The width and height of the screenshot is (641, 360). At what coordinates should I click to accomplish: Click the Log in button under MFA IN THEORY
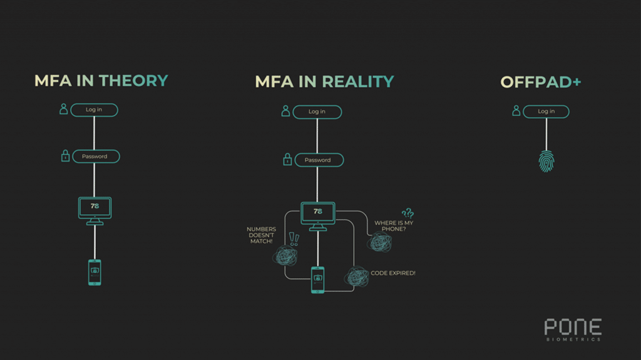tap(94, 110)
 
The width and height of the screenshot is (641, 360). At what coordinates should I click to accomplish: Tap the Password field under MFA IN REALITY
tap(317, 160)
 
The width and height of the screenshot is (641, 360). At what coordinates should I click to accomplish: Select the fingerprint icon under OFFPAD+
tap(546, 160)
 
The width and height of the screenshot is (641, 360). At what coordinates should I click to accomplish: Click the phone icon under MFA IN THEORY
tap(94, 272)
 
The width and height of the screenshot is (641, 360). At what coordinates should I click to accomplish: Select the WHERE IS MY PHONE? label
tap(394, 226)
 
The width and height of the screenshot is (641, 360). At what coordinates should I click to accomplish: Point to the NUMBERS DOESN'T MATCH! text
tap(260, 235)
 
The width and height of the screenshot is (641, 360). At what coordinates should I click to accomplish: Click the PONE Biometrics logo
tap(573, 329)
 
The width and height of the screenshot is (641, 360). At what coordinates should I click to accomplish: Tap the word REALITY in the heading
tap(357, 82)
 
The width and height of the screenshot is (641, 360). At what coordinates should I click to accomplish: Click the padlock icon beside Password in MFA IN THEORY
tap(65, 156)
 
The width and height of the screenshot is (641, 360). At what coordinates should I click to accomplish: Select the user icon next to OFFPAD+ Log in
tap(516, 111)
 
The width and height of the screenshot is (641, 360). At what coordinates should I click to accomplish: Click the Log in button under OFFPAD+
tap(546, 111)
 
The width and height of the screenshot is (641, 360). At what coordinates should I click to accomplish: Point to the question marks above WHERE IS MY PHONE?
tap(408, 213)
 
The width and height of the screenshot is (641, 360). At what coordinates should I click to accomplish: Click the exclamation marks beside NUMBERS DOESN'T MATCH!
tap(294, 239)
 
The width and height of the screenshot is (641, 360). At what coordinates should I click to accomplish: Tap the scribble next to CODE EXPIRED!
tap(357, 276)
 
